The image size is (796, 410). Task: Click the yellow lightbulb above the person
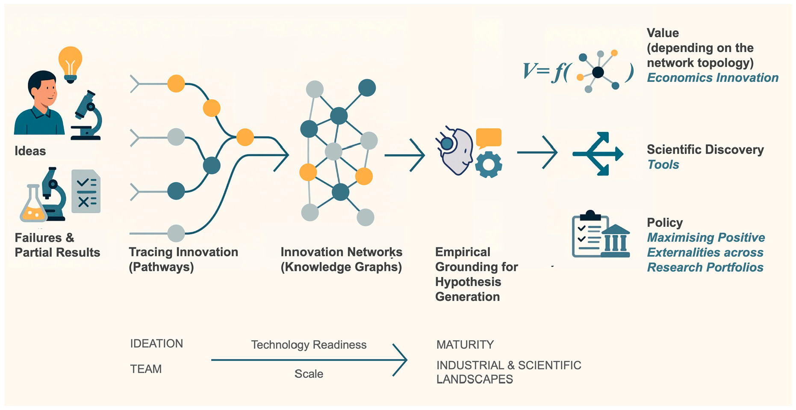tap(70, 62)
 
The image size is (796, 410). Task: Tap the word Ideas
tap(30, 151)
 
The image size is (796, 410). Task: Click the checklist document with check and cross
tap(86, 191)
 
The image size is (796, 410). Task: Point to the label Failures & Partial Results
tap(57, 245)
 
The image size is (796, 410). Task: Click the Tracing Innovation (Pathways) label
tap(183, 259)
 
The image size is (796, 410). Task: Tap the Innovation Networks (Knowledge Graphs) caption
tap(341, 259)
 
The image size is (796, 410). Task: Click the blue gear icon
tap(489, 165)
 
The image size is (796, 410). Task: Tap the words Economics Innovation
tap(712, 78)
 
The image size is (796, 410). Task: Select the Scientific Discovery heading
tap(705, 149)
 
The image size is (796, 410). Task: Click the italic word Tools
tap(663, 165)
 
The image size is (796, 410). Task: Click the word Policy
tap(665, 223)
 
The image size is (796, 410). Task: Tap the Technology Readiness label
tap(309, 345)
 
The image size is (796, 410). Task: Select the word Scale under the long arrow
tap(309, 374)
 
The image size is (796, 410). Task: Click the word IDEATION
tap(156, 344)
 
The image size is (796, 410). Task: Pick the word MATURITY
tap(465, 345)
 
